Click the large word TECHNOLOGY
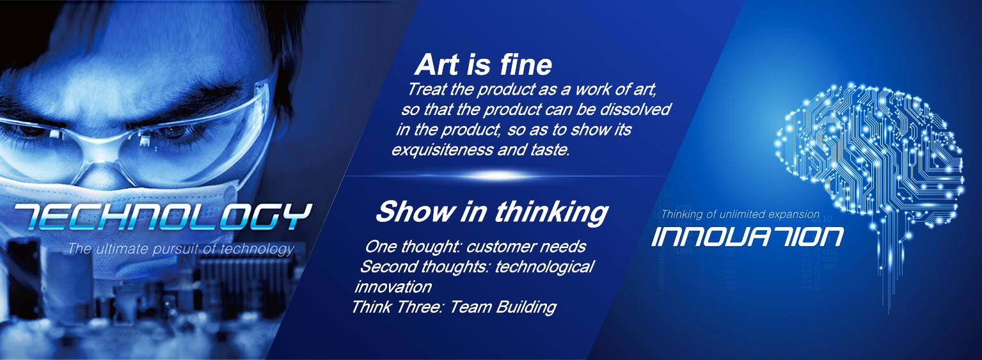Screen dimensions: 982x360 tap(163, 217)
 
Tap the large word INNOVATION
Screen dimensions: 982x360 tap(747, 237)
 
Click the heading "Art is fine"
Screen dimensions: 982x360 tap(483, 65)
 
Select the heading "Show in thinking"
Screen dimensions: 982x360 tap(492, 212)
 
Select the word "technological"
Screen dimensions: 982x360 tap(544, 267)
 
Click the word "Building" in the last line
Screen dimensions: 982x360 tap(526, 307)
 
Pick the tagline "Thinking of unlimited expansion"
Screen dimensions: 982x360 tap(740, 214)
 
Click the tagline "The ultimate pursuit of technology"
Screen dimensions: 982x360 tap(180, 249)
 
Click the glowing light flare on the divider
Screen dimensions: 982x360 tap(498, 176)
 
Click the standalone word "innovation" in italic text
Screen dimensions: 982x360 tap(393, 287)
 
